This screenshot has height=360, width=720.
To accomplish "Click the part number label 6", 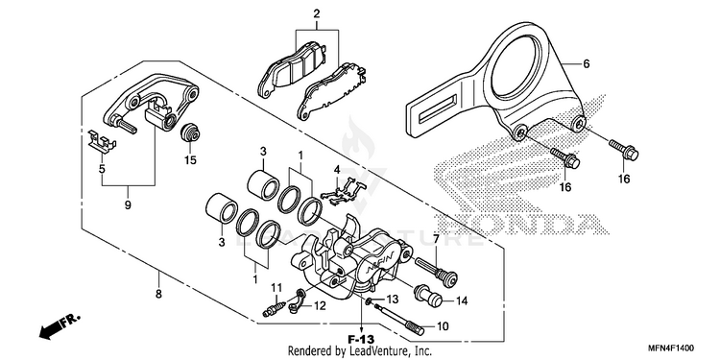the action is point(586,64).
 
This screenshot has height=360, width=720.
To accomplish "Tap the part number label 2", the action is point(317,13).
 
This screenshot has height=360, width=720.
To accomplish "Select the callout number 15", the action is point(190,160).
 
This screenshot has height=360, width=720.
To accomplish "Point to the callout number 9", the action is point(128,205).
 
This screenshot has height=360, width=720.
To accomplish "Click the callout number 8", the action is point(158,294).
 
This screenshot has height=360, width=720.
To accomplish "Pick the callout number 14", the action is point(462,301).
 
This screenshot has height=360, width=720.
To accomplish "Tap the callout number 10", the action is point(442,326).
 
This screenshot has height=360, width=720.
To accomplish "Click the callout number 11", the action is point(276,288).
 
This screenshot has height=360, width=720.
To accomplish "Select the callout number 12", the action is point(320,305).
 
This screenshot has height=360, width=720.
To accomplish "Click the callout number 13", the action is point(393,300).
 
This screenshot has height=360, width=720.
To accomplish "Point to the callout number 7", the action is point(436,238).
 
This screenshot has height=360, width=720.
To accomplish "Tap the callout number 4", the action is point(337,169).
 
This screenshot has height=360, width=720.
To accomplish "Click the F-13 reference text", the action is point(362,340).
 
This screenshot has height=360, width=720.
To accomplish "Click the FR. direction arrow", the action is point(59,327).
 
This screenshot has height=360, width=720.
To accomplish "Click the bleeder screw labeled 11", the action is point(274,305).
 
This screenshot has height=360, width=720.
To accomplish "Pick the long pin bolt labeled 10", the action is point(398,318).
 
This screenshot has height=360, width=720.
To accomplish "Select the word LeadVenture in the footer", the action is point(372,351).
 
